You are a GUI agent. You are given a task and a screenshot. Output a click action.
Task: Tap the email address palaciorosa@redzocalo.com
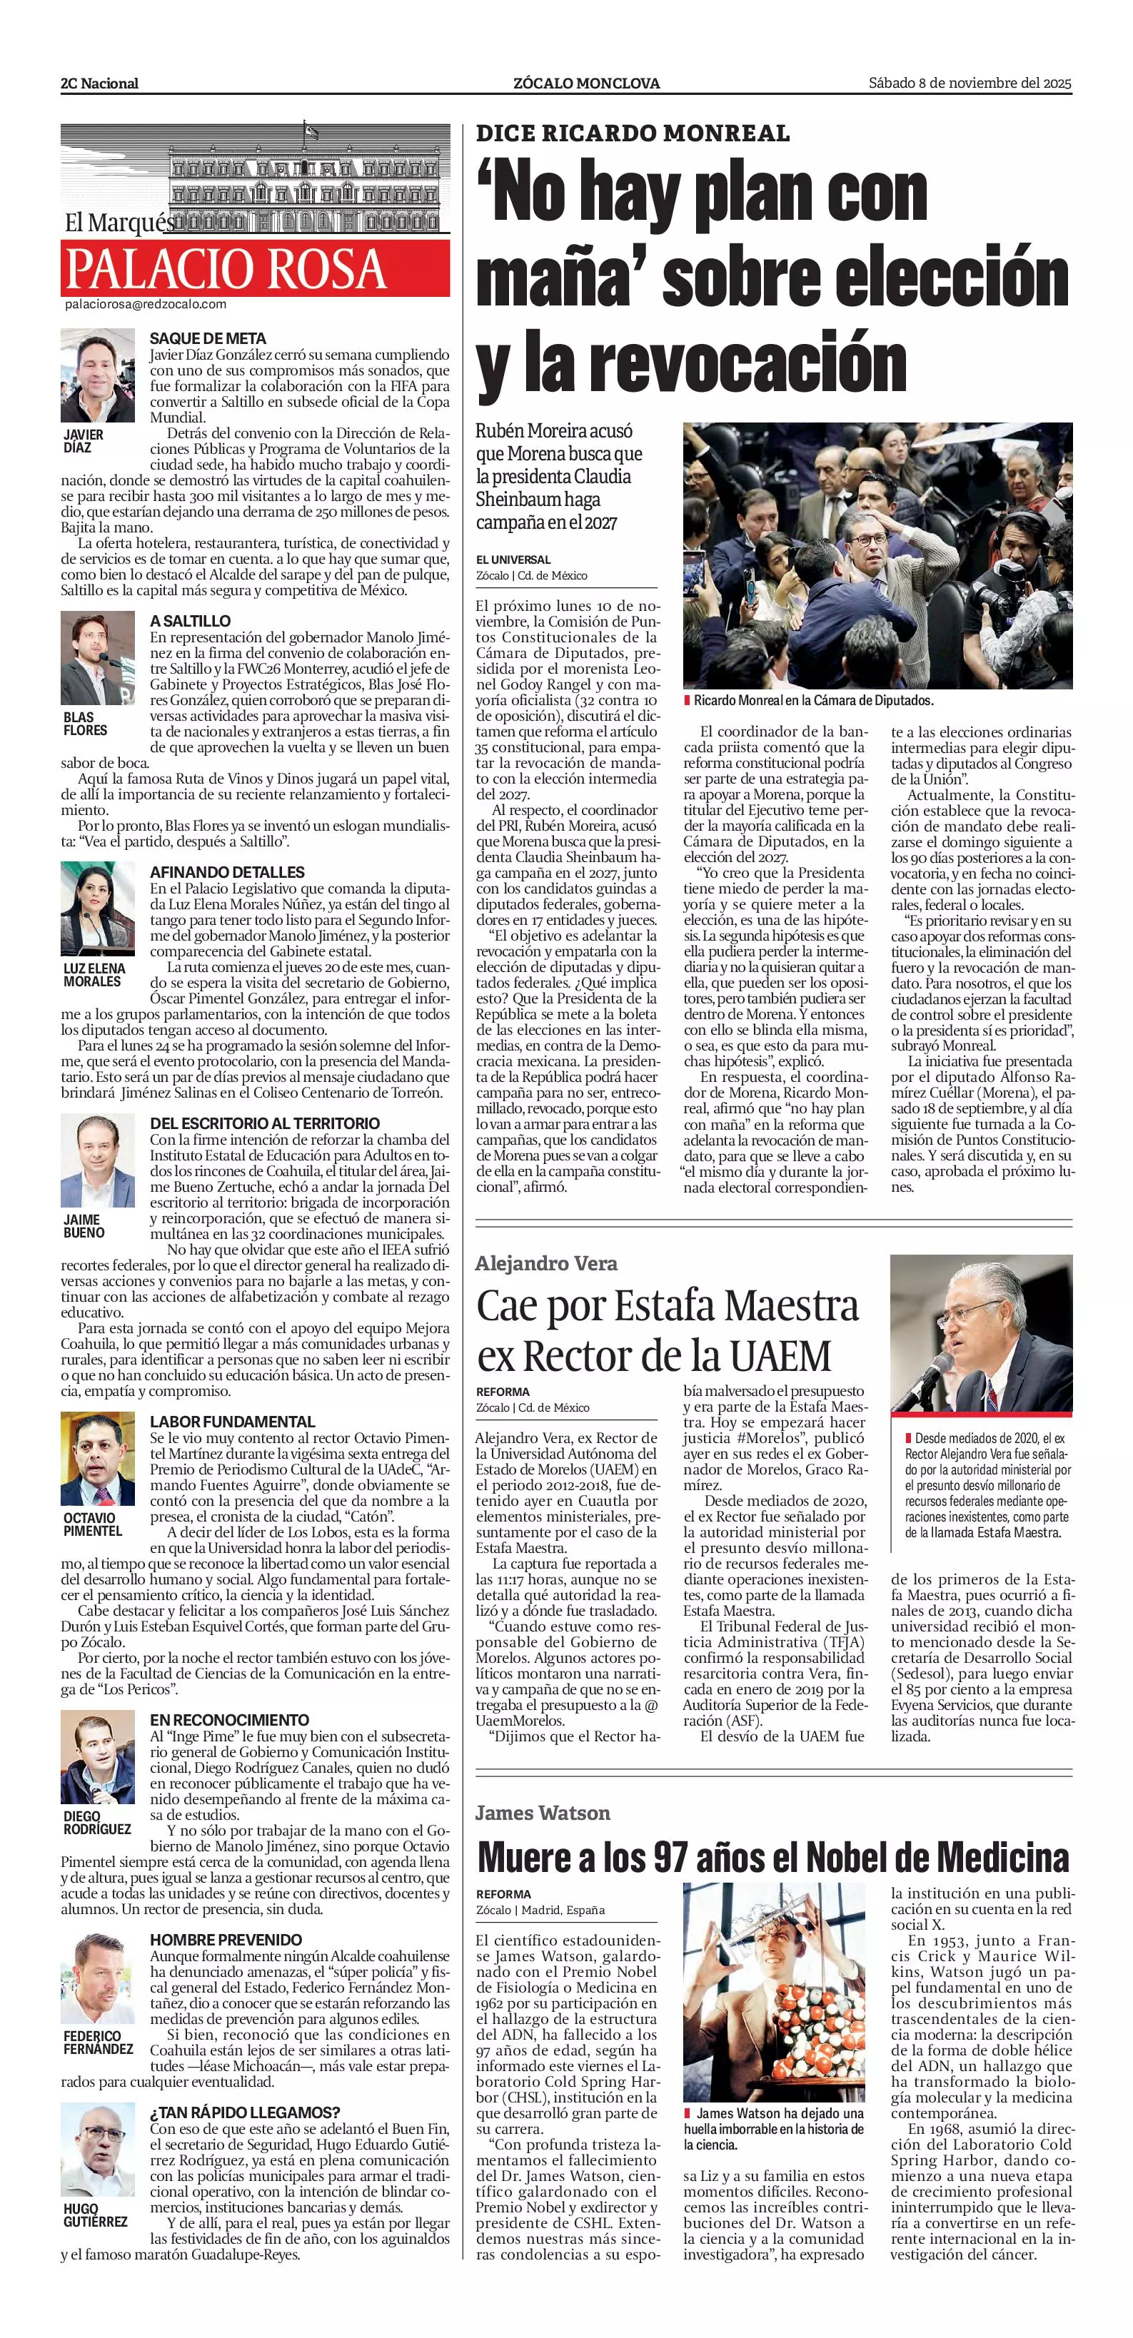[x=145, y=305]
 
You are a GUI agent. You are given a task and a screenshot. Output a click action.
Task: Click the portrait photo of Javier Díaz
[x=97, y=375]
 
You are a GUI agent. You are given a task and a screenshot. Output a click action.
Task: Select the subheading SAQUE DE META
[x=208, y=338]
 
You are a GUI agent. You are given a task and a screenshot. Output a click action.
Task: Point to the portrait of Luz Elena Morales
[x=97, y=909]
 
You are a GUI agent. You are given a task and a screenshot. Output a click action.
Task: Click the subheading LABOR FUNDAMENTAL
[x=233, y=1422]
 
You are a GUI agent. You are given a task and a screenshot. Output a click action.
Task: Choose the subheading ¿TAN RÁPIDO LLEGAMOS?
[x=245, y=2112]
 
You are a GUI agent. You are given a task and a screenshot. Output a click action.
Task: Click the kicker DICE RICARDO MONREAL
[x=633, y=133]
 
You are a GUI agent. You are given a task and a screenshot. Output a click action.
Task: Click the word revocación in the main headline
[x=748, y=363]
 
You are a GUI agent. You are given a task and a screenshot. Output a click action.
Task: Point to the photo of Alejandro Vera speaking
[x=980, y=1333]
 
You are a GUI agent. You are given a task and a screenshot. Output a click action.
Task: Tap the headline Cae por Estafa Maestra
[x=668, y=1307]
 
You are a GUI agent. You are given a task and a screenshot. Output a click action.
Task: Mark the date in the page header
[x=970, y=83]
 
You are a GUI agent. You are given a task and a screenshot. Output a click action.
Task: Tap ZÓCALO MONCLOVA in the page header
[x=586, y=83]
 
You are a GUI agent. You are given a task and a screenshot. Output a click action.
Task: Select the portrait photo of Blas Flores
[x=97, y=658]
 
